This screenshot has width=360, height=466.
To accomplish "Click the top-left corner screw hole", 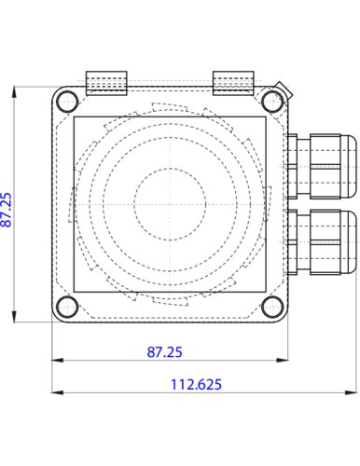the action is [x=67, y=102].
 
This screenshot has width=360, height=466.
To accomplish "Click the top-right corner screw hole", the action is [x=272, y=102].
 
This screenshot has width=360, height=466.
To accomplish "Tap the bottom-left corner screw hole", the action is [x=67, y=307].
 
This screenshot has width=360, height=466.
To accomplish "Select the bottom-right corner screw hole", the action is [x=272, y=307].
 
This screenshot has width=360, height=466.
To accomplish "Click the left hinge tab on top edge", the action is [x=106, y=83].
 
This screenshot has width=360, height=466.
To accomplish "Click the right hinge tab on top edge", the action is [x=233, y=83].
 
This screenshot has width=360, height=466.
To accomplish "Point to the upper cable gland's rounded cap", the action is [x=349, y=166].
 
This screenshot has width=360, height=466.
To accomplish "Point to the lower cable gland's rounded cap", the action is [x=349, y=242].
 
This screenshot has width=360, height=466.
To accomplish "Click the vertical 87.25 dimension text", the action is [x=7, y=210].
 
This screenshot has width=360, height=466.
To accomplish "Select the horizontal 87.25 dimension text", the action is [x=164, y=352].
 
